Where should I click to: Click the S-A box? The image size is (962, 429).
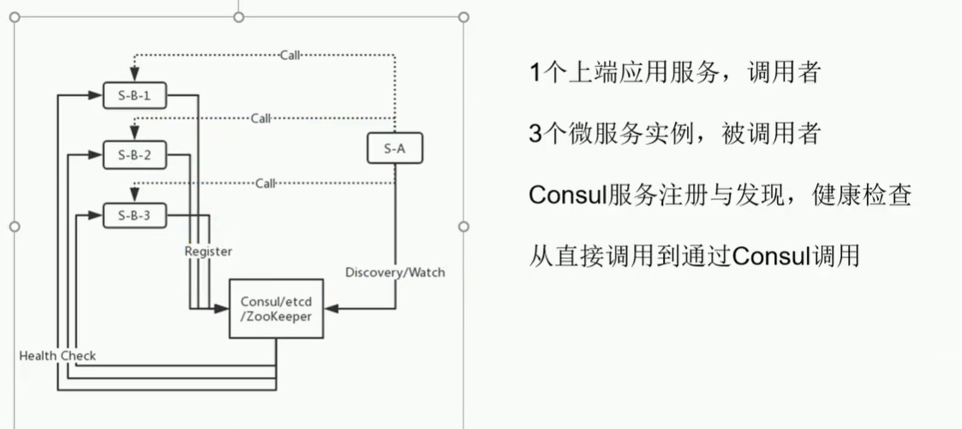pos(394,148)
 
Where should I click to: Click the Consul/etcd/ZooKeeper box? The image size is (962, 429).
pos(276,309)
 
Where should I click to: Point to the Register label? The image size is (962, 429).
pos(208,251)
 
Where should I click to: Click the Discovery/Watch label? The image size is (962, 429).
pos(395,273)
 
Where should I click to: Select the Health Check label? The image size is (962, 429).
pos(57,355)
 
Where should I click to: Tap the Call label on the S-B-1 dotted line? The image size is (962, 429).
pos(290,56)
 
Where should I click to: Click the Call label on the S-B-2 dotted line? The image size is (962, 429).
pos(260,118)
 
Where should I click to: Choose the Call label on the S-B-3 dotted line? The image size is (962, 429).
pos(266,183)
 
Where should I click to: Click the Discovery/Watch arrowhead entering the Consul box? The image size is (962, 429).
pos(332,307)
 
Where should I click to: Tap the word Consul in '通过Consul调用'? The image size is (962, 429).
pos(772,257)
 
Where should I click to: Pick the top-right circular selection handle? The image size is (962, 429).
pos(463,17)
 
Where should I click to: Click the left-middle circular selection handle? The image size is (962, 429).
pos(14,227)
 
